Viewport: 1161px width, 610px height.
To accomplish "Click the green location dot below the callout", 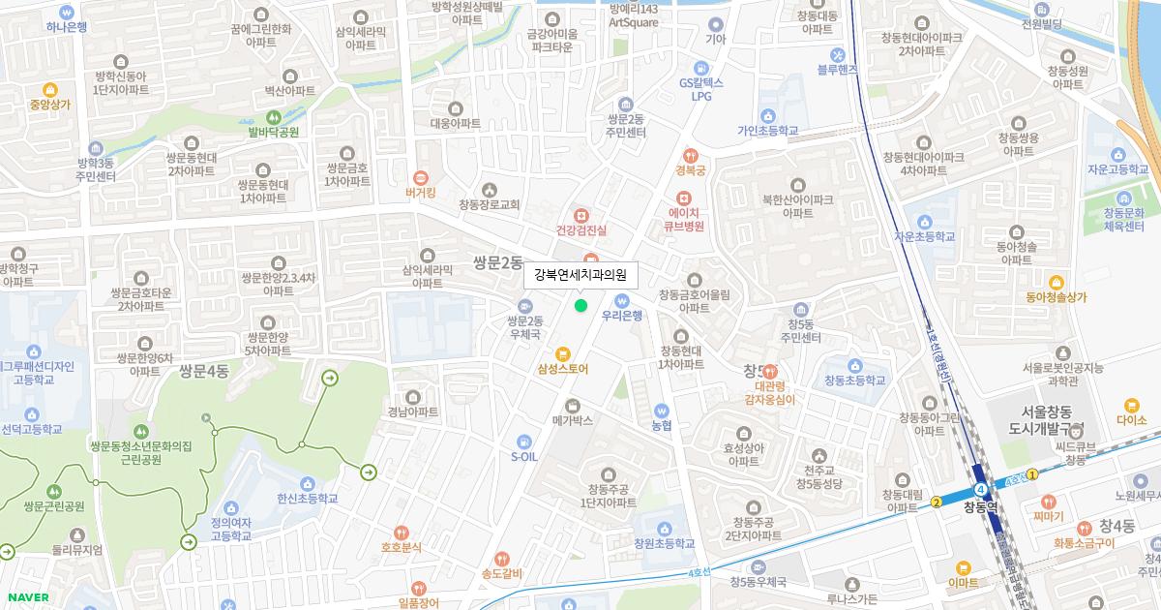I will tap(580, 306).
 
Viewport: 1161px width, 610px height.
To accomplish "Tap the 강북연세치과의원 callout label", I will tap(580, 275).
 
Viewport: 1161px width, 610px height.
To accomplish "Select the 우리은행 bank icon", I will tap(622, 299).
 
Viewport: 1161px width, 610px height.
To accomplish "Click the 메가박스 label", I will tap(572, 421).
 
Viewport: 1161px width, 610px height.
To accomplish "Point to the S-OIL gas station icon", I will tap(523, 440).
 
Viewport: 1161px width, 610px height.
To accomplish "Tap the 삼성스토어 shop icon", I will tap(562, 353).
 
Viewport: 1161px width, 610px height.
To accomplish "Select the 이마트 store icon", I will tap(963, 568).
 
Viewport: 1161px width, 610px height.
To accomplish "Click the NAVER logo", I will tap(26, 597).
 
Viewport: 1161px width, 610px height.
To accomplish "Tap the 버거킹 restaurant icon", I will tap(421, 177).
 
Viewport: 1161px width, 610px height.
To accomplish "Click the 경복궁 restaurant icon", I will tap(691, 155).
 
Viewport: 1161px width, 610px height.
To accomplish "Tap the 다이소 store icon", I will tap(1131, 405).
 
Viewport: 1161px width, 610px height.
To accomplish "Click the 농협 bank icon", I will tap(662, 410).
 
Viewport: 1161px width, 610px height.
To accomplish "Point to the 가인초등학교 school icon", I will tap(767, 115).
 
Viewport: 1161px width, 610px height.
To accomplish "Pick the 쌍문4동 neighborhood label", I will tap(203, 371).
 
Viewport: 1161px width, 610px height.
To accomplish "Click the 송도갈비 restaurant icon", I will tap(501, 559).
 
